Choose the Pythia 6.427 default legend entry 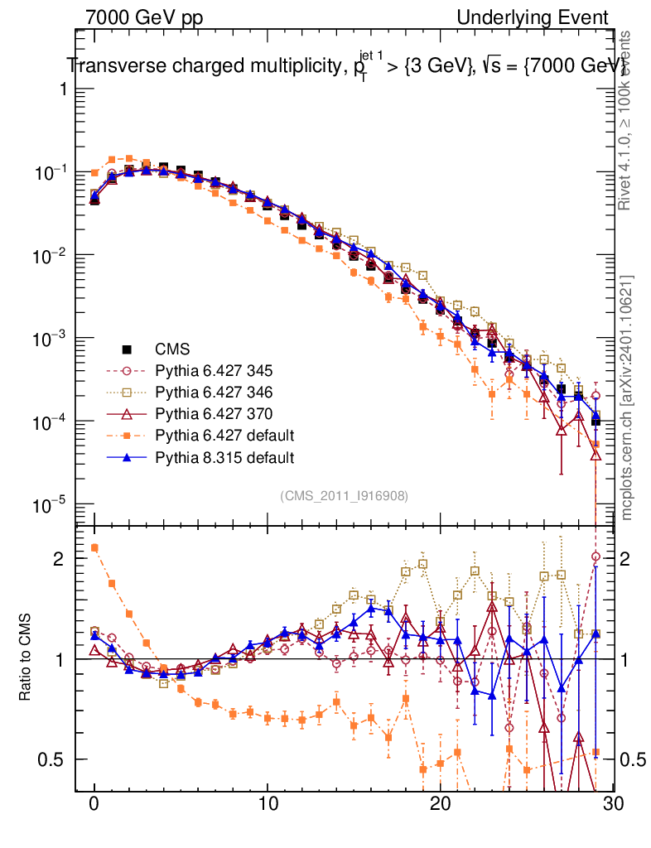[224, 436]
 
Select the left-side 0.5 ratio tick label [51, 759]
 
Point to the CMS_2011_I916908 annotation [344, 495]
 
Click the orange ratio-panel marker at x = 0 [94, 547]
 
